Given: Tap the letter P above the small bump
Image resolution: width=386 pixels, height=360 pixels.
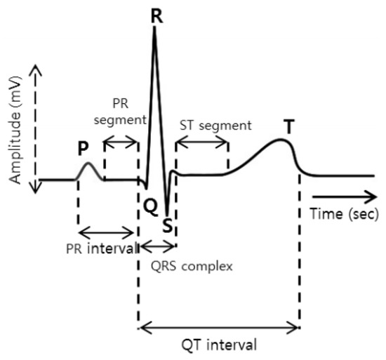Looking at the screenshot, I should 83,150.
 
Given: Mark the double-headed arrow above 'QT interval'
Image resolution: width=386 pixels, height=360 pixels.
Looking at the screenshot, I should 219,326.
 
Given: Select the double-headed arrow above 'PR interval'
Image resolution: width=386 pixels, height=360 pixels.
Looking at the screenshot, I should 107,232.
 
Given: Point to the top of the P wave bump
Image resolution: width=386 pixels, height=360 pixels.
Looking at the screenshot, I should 88,164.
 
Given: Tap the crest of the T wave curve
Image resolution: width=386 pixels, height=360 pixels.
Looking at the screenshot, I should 282,140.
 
